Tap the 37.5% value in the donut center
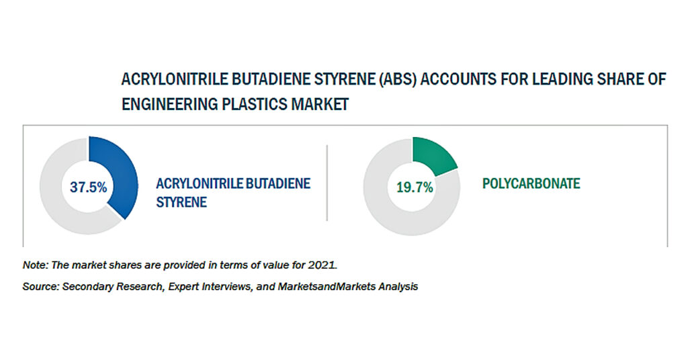[x=88, y=187]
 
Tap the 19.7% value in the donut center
[x=415, y=187]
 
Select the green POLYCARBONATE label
[x=531, y=183]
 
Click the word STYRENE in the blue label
[x=181, y=202]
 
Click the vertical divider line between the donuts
[x=327, y=183]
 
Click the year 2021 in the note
[x=322, y=265]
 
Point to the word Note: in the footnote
[x=35, y=265]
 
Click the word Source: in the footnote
[x=40, y=286]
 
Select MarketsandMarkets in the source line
[x=327, y=286]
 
